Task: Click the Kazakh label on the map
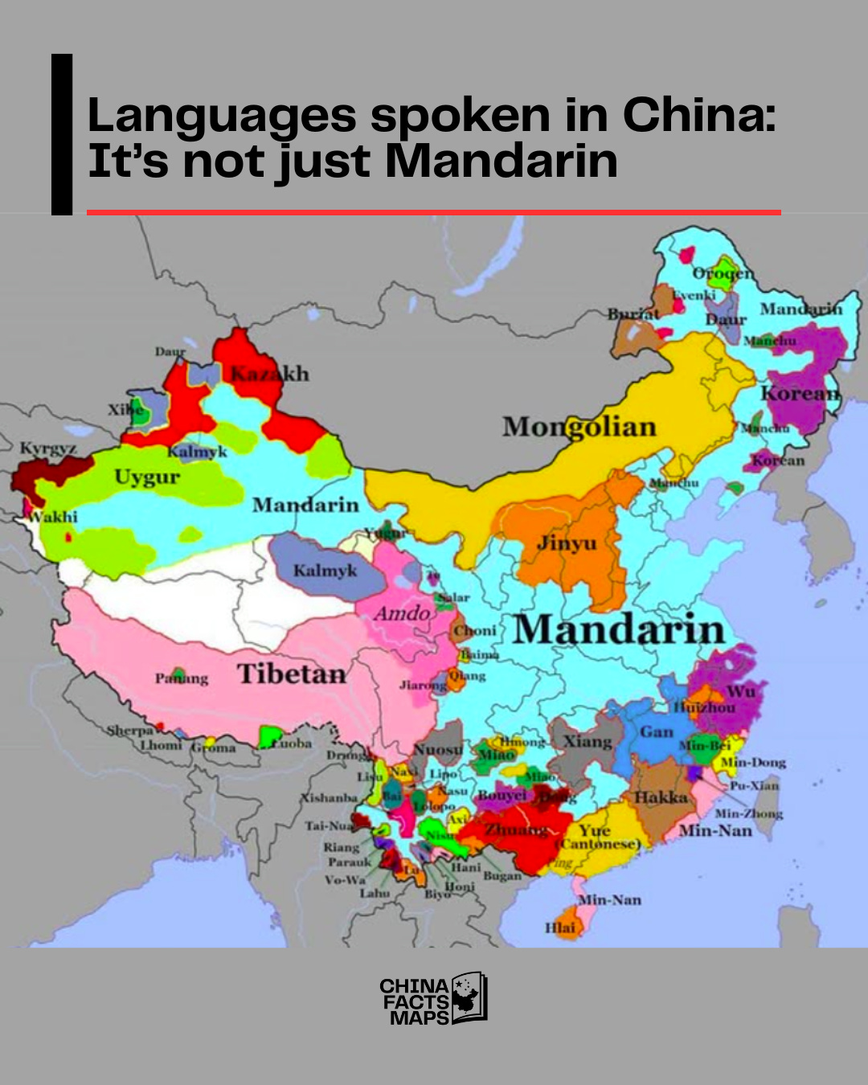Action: tap(269, 374)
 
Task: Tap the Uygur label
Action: tap(147, 477)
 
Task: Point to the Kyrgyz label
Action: tap(48, 448)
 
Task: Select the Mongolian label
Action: tap(579, 427)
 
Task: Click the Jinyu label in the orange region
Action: tap(567, 543)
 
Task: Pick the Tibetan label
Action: tap(291, 674)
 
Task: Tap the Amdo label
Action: tap(403, 613)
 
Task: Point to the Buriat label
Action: tap(633, 314)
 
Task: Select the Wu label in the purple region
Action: tap(740, 692)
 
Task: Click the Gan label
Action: tap(657, 732)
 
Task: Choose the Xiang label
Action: tap(588, 741)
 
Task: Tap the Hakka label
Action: tap(661, 797)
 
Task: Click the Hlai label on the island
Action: tap(560, 927)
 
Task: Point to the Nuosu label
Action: tap(438, 750)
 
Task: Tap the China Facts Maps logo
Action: tap(433, 1000)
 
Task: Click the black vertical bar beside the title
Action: tap(62, 134)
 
